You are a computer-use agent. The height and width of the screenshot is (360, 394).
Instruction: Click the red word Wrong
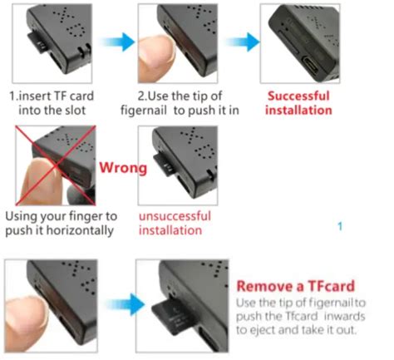point(123,168)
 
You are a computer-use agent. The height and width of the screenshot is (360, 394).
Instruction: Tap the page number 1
point(340,227)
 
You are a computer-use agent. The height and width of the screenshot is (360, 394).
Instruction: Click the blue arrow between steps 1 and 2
point(118,42)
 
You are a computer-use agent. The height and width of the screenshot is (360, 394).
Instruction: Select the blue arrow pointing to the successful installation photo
point(243,42)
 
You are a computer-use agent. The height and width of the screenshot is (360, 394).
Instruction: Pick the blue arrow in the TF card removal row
point(126,304)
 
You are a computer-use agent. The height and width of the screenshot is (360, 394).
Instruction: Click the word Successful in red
point(298,96)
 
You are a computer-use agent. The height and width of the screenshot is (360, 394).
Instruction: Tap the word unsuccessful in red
point(175,216)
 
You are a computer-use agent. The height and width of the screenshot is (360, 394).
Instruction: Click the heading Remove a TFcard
point(296,286)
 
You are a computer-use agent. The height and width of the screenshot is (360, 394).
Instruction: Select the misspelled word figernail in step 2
point(144,111)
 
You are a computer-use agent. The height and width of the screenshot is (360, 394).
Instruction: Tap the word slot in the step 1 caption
point(75,111)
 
